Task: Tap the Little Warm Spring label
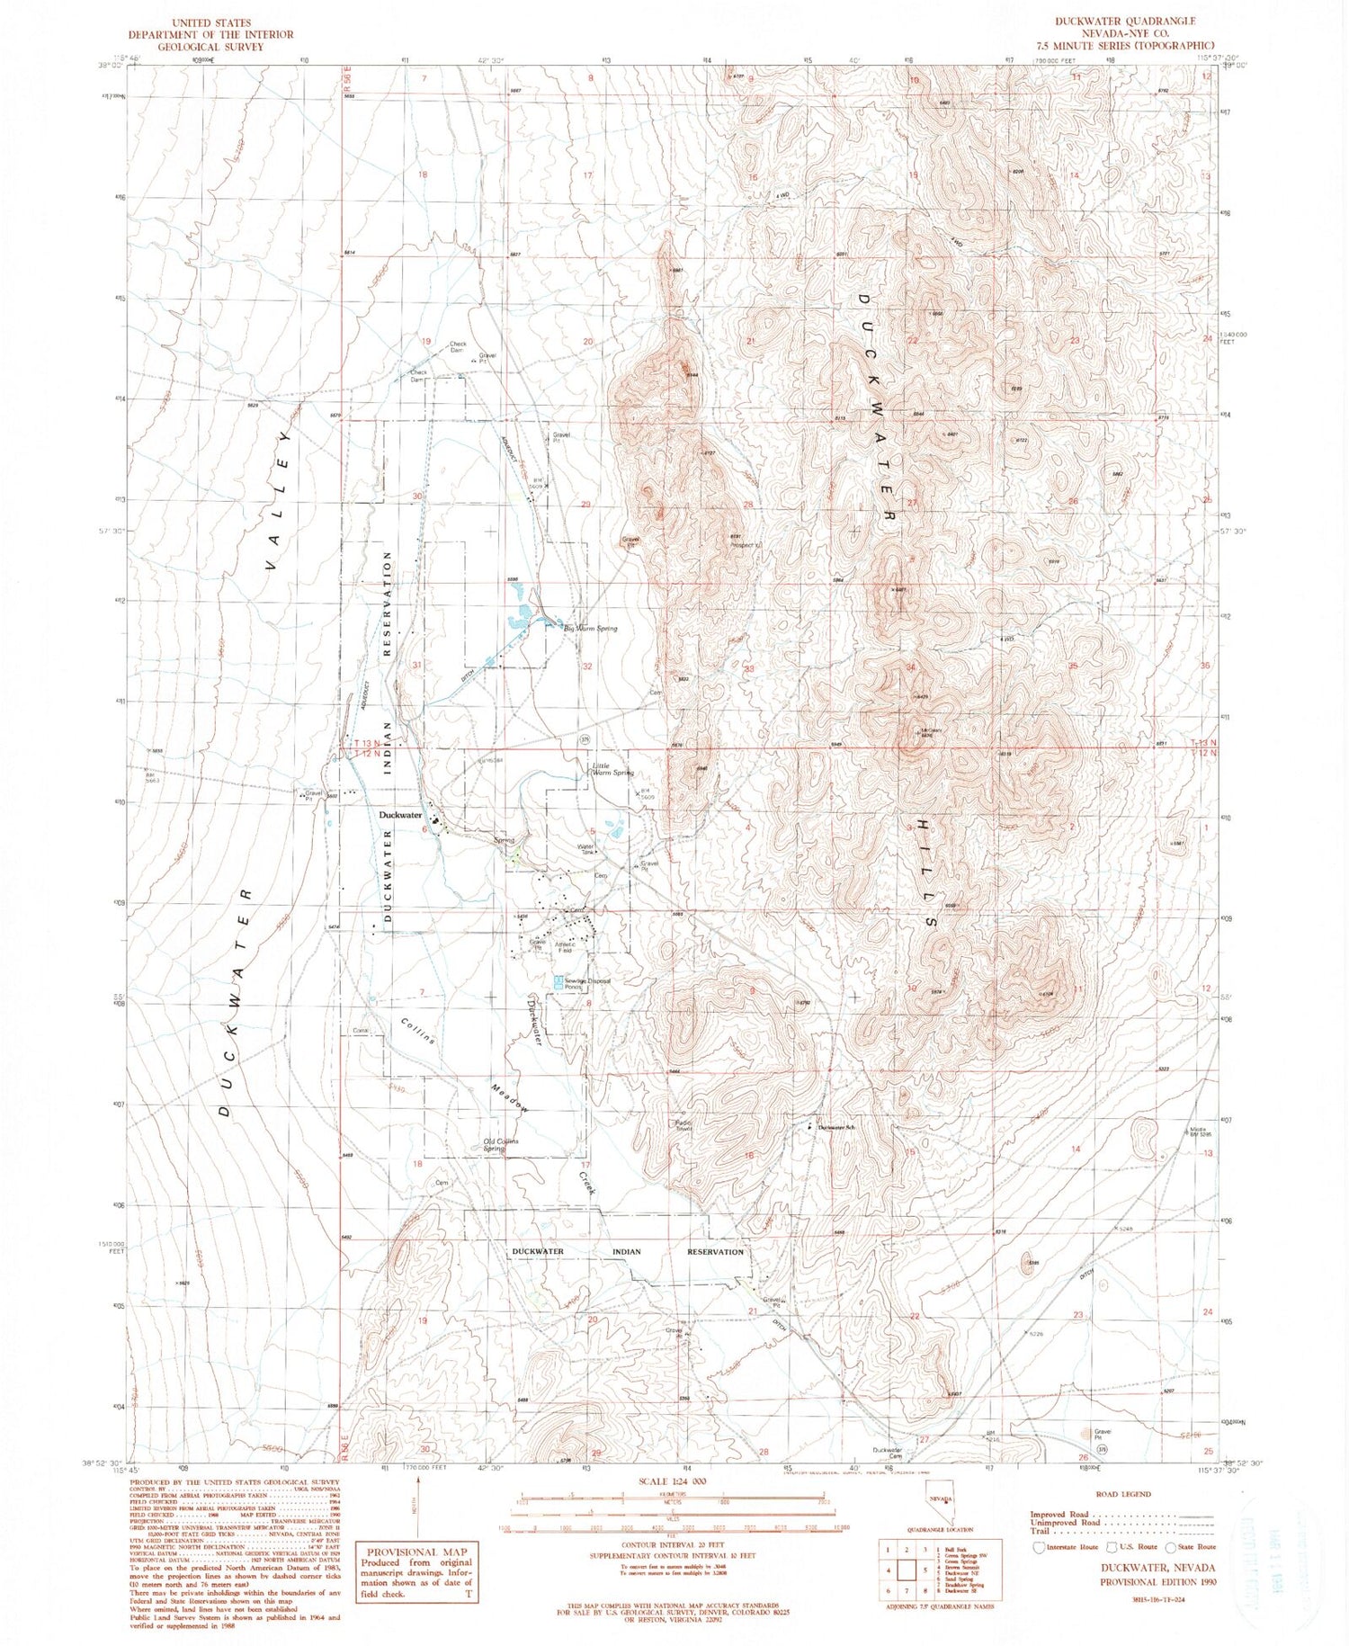point(612,769)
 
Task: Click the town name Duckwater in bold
point(400,815)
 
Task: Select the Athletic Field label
point(564,947)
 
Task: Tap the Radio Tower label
point(683,1125)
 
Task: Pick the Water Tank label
point(587,848)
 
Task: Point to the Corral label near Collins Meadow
point(362,1030)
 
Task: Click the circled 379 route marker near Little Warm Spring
point(585,738)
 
